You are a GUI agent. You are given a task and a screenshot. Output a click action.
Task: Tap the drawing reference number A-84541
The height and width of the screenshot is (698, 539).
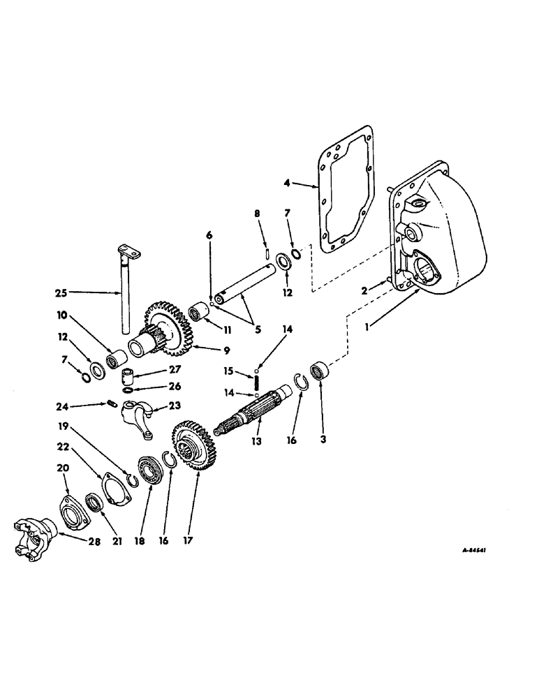pos(473,550)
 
